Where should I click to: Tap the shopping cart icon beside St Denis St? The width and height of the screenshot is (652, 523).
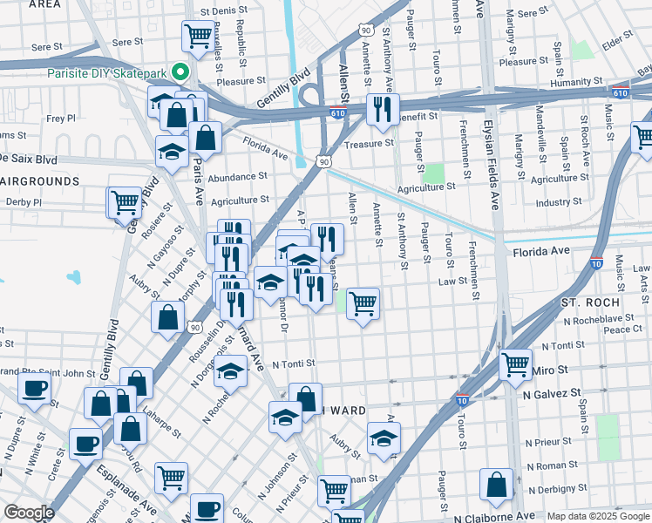[x=197, y=37]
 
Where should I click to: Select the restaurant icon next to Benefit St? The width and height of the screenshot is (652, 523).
[x=380, y=108]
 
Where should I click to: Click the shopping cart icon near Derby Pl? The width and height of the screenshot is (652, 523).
[x=125, y=202]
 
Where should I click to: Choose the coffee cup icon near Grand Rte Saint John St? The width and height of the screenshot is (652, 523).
[x=34, y=388]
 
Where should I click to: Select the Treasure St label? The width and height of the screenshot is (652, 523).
[x=364, y=145]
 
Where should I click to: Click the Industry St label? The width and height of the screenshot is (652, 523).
[x=559, y=202]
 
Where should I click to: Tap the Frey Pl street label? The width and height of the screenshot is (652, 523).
[x=61, y=118]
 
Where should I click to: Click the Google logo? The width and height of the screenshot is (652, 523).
[x=30, y=513]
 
